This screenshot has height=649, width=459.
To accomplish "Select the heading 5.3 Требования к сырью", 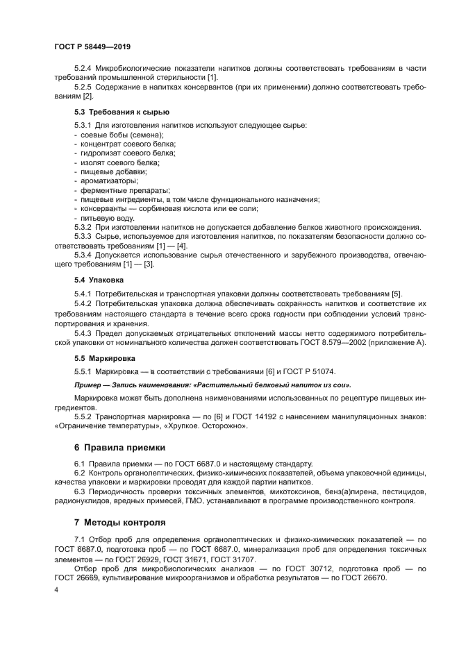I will [122, 112].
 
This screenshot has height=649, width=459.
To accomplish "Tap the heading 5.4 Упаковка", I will [99, 280].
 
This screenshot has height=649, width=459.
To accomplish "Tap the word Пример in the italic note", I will [88, 385].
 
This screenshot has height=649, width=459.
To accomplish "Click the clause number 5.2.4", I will [84, 67].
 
